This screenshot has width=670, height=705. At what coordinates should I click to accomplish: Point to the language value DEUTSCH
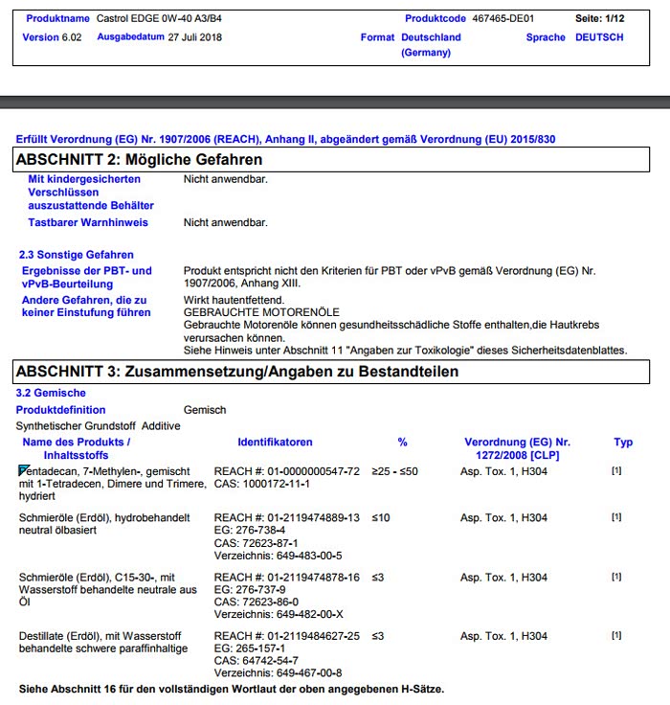click(599, 37)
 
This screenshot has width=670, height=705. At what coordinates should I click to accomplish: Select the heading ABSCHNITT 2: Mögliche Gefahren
click(140, 159)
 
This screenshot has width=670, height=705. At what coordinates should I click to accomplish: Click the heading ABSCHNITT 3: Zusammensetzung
click(237, 371)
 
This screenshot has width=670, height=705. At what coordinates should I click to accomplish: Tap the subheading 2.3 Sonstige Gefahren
click(77, 255)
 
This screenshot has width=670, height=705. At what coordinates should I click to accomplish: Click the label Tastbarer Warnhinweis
click(88, 223)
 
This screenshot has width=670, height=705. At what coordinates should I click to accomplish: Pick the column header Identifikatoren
click(275, 443)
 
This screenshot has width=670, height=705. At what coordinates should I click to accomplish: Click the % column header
click(403, 443)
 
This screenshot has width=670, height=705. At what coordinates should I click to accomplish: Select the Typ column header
click(623, 443)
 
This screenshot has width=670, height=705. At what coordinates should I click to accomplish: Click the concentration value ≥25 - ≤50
click(394, 472)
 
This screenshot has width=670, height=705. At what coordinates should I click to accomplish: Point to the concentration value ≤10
click(381, 518)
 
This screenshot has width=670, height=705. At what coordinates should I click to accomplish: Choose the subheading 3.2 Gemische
click(51, 393)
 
